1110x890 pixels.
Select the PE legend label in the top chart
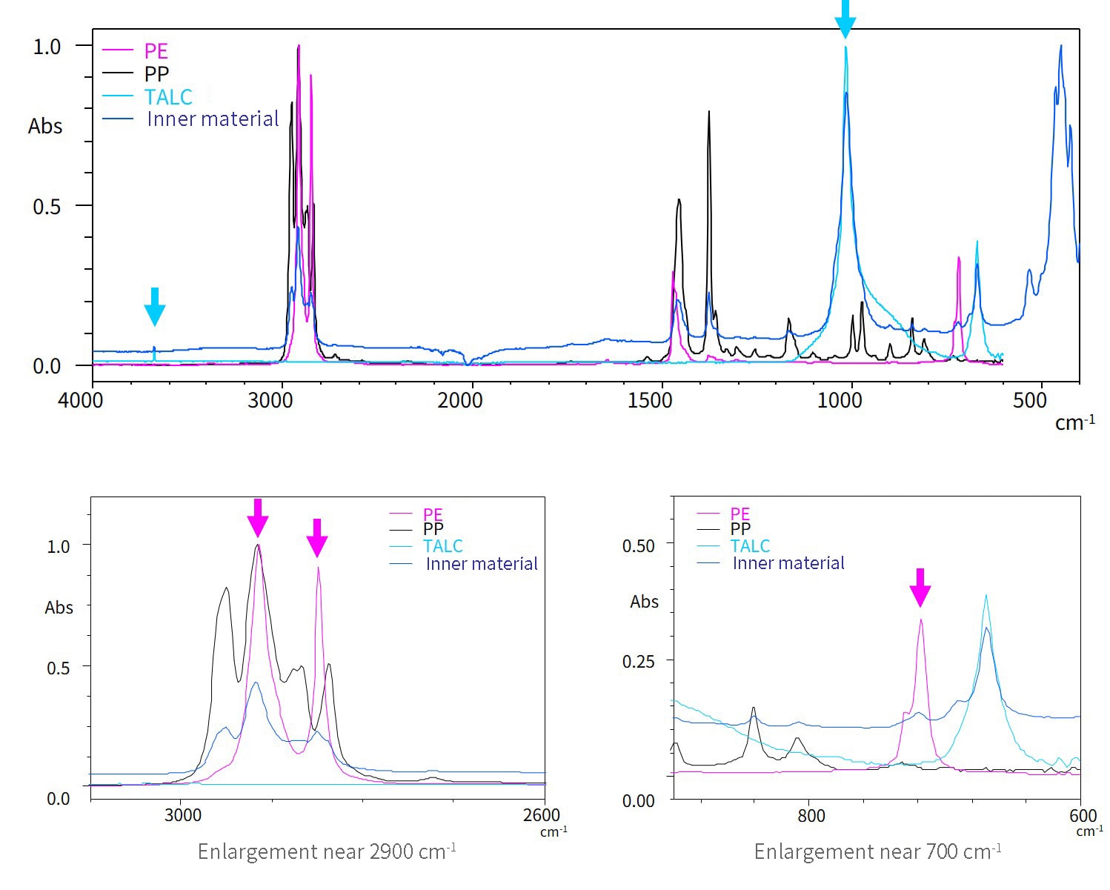(x=156, y=51)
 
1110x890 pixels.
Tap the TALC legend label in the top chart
(x=168, y=97)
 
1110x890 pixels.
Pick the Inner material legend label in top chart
(x=213, y=119)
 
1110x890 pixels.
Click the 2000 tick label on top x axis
(x=459, y=401)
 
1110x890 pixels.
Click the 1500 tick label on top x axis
(x=650, y=401)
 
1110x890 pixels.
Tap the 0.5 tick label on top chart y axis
(x=47, y=207)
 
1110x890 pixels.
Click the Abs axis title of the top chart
(x=45, y=127)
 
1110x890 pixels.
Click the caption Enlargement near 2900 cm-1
(x=327, y=851)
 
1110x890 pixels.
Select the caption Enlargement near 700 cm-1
(x=877, y=851)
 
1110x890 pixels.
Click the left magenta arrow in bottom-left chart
(x=257, y=517)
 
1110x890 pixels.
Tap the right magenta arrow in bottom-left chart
(x=316, y=537)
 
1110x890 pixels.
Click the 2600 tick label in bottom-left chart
(x=541, y=815)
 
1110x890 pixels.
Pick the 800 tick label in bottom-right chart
(x=811, y=816)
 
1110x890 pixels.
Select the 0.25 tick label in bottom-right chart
(x=638, y=661)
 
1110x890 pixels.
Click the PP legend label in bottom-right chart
(x=740, y=529)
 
